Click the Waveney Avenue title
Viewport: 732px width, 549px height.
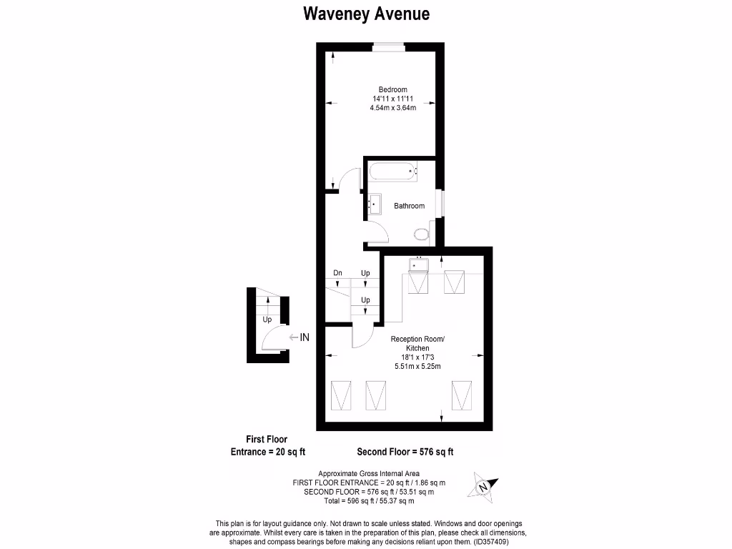pyautogui.click(x=366, y=14)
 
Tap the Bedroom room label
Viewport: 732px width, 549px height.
pyautogui.click(x=392, y=89)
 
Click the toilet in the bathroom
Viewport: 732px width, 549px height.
pyautogui.click(x=422, y=233)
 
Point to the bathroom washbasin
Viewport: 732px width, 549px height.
pyautogui.click(x=374, y=204)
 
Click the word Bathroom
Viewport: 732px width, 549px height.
pyautogui.click(x=409, y=206)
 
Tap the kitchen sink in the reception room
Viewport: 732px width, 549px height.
pyautogui.click(x=417, y=265)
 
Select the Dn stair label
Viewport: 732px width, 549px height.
pyautogui.click(x=337, y=273)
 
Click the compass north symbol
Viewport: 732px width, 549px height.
pyautogui.click(x=483, y=485)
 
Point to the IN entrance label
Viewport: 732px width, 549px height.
pyautogui.click(x=304, y=337)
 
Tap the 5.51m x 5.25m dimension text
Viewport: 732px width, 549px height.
pyautogui.click(x=417, y=367)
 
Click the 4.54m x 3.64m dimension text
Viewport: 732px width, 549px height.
pyautogui.click(x=392, y=107)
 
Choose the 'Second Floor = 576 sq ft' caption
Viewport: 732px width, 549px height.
pyautogui.click(x=405, y=452)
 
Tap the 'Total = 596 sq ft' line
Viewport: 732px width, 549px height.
pyautogui.click(x=368, y=501)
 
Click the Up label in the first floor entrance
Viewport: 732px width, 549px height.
pyautogui.click(x=267, y=320)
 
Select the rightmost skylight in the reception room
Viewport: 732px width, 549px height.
pyautogui.click(x=462, y=395)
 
